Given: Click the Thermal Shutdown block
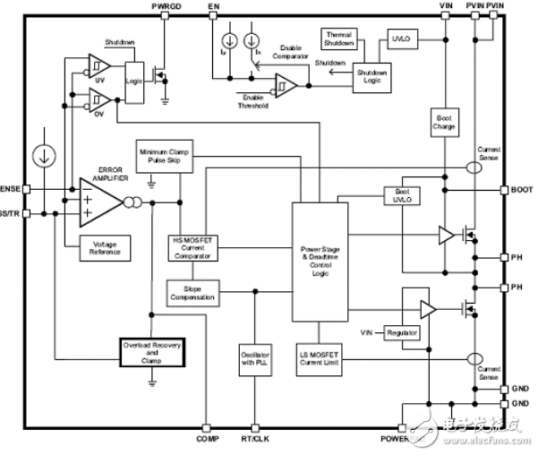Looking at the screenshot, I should [x=338, y=39].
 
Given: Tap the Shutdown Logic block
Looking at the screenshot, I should [x=373, y=76].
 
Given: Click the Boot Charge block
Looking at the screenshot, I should [x=444, y=121].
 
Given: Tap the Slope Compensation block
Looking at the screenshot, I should [x=192, y=292].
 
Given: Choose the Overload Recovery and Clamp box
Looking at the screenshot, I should [x=151, y=354].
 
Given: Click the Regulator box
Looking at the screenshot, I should [x=402, y=333].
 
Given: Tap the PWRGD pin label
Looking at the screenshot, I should [x=167, y=6].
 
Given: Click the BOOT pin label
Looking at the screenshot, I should [x=522, y=191].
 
